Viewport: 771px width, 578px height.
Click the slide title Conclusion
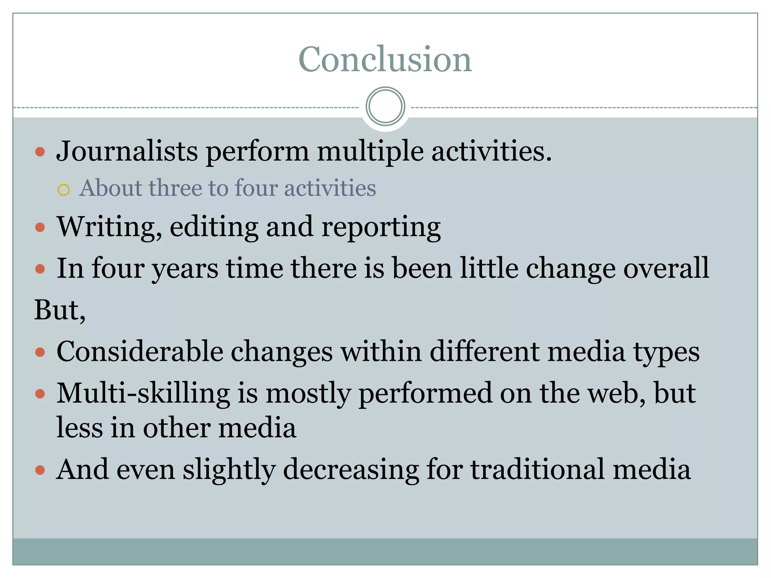(x=385, y=59)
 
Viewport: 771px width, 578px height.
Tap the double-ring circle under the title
(x=385, y=106)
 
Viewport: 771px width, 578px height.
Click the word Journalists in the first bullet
(x=127, y=151)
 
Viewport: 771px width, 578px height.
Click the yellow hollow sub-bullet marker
(x=64, y=190)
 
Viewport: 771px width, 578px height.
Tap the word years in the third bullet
(x=185, y=269)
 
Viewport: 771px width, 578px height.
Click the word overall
(x=666, y=268)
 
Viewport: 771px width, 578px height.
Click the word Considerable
(x=140, y=351)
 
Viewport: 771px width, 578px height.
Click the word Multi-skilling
(x=143, y=394)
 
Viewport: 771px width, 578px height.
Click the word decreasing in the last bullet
(x=351, y=470)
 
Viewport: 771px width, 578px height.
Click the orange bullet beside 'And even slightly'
(x=40, y=470)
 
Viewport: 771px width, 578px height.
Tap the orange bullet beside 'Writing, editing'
(x=40, y=227)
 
